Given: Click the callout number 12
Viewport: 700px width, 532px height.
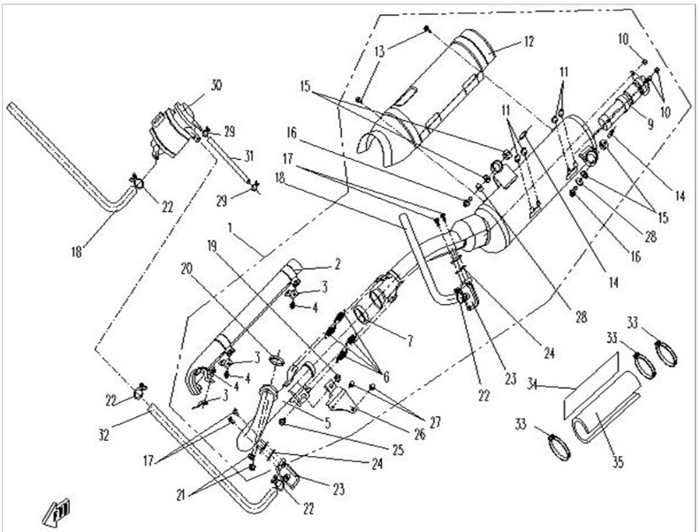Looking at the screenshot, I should [529, 42].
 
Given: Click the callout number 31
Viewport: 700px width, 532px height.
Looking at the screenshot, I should [249, 156].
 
